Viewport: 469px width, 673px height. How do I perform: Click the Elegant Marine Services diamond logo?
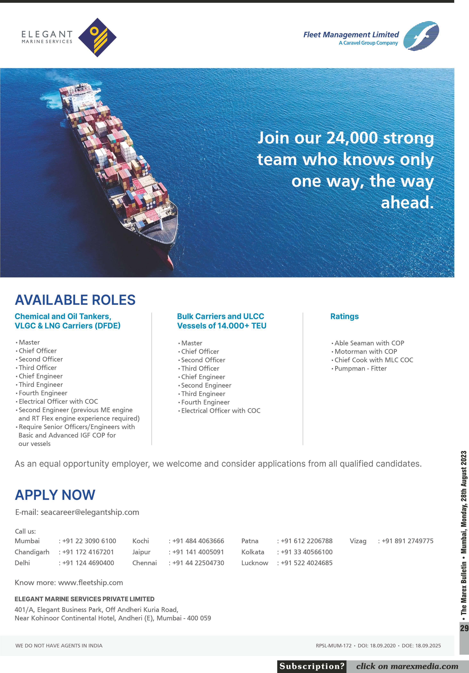pyautogui.click(x=97, y=37)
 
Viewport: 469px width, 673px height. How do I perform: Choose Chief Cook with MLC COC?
pyautogui.click(x=374, y=360)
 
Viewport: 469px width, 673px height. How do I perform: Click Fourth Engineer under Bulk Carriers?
pyautogui.click(x=205, y=402)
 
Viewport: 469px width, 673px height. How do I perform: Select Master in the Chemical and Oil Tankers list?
pyautogui.click(x=29, y=342)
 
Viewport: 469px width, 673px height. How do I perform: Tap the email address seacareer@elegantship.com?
pyautogui.click(x=90, y=512)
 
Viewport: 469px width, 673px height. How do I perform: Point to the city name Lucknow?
pyautogui.click(x=254, y=563)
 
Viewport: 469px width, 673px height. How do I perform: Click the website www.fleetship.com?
pyautogui.click(x=91, y=582)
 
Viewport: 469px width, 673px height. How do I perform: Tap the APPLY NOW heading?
pyautogui.click(x=55, y=495)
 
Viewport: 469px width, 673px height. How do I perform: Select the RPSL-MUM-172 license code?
pyautogui.click(x=334, y=645)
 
